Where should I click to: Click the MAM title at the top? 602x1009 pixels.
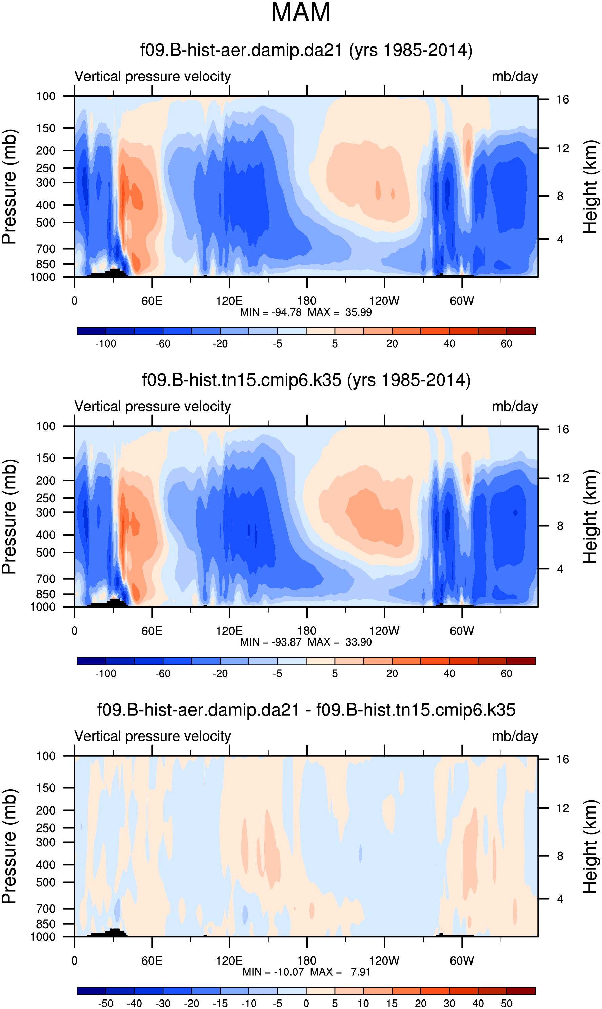(301, 13)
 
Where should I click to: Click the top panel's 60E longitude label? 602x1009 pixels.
(152, 301)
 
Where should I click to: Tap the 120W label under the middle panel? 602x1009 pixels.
(384, 631)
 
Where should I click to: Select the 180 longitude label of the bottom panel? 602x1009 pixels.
(307, 961)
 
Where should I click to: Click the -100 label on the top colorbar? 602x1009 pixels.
(105, 344)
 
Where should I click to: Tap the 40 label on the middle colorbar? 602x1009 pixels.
(449, 674)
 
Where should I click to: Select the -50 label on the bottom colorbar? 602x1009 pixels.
(105, 1003)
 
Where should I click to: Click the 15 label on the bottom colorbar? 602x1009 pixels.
(392, 1003)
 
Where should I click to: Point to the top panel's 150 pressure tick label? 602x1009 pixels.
(46, 128)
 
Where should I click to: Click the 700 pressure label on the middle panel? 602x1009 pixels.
(46, 579)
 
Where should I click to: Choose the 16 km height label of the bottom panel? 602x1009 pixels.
(563, 759)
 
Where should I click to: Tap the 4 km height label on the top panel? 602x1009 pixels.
(560, 239)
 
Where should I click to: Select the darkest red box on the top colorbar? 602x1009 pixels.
(521, 331)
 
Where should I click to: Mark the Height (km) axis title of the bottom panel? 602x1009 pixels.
(590, 846)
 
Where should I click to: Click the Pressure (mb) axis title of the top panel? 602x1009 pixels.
(9, 187)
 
